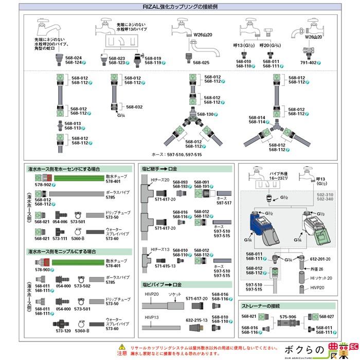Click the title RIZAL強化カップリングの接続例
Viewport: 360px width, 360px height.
pyautogui.click(x=180, y=7)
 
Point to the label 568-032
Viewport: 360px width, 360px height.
pyautogui.click(x=134, y=107)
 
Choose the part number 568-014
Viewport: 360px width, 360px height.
pyautogui.click(x=257, y=117)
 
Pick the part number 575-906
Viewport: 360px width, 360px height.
pyautogui.click(x=287, y=317)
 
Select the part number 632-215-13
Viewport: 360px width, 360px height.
pyautogui.click(x=196, y=320)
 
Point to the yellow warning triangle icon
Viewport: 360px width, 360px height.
pyautogui.click(x=121, y=347)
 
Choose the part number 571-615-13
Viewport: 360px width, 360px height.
pyautogui.click(x=165, y=266)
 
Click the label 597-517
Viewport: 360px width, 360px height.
pyautogui.click(x=224, y=203)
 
